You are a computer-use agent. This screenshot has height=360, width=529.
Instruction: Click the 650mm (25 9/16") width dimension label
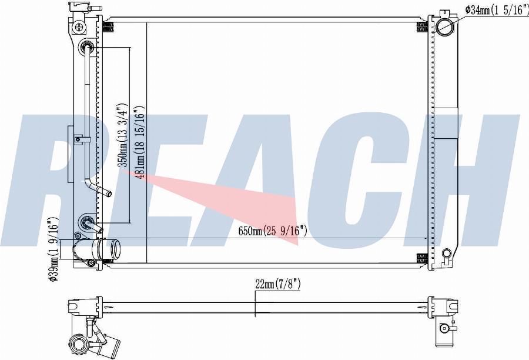[x=273, y=231]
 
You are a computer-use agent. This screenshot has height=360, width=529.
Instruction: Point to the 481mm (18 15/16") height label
[x=140, y=142]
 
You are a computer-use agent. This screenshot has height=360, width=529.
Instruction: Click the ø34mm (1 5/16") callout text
[x=497, y=11]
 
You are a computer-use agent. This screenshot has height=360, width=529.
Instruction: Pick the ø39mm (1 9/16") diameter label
[x=54, y=249]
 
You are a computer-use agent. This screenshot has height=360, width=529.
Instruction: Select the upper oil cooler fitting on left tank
[x=88, y=46]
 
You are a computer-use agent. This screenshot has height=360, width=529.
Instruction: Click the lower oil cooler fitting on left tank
[x=88, y=222]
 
